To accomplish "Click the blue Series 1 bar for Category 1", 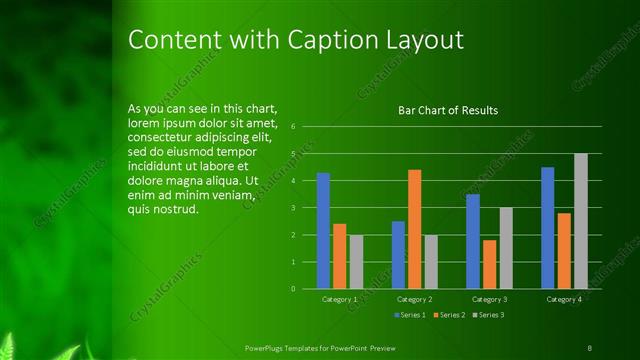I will pyautogui.click(x=323, y=231).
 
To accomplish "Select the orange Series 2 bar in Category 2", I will pyautogui.click(x=414, y=229).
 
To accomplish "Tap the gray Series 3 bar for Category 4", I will pyautogui.click(x=580, y=221).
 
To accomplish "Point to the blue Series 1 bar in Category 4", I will pyautogui.click(x=548, y=228).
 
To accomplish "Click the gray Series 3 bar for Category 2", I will pyautogui.click(x=430, y=261).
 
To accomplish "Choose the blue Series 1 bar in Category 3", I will pyautogui.click(x=473, y=241).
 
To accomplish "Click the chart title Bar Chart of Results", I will pyautogui.click(x=448, y=111).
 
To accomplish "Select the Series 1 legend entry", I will pyautogui.click(x=411, y=315).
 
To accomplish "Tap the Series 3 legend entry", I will pyautogui.click(x=487, y=315).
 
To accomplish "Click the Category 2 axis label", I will pyautogui.click(x=414, y=299).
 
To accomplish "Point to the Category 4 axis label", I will pyautogui.click(x=564, y=299).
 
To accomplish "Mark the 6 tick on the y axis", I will pyautogui.click(x=293, y=127).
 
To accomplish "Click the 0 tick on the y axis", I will pyautogui.click(x=293, y=289).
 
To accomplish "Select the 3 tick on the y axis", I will pyautogui.click(x=293, y=208).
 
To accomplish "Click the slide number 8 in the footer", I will pyautogui.click(x=589, y=347).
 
